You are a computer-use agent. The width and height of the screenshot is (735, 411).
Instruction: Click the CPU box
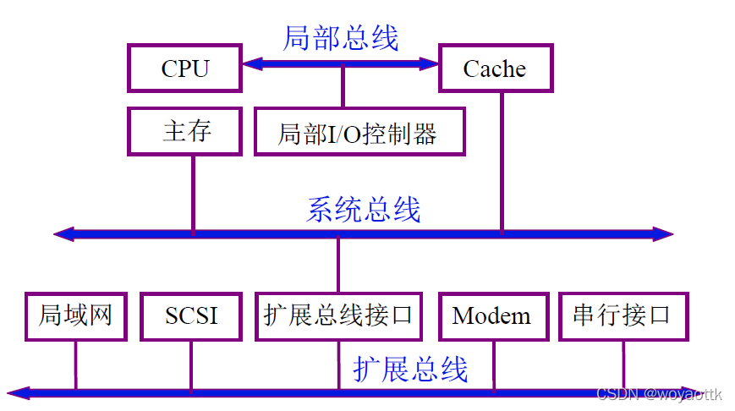[x=184, y=68]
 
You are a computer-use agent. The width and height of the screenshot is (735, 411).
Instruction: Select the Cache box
[x=496, y=68]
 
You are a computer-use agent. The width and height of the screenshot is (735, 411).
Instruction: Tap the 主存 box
[x=185, y=131]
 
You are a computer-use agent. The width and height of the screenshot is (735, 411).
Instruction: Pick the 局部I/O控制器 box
[x=359, y=132]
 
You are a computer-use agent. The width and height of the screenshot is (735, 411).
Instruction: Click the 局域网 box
[x=75, y=316]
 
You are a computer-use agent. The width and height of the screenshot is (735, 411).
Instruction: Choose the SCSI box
[x=191, y=316]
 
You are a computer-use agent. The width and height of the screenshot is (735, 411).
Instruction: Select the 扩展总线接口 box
[x=338, y=316]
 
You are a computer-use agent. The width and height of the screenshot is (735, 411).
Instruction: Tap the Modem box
[x=492, y=316]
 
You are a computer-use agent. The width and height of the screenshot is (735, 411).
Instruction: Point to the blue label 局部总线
[x=340, y=38]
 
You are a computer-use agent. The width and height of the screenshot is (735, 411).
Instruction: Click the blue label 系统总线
[x=363, y=209]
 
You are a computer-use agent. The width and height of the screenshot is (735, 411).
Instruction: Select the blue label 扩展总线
[x=410, y=369]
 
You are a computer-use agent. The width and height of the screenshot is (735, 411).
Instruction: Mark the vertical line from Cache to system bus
[x=502, y=161]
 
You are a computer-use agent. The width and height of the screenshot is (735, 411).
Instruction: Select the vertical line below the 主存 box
[x=193, y=195]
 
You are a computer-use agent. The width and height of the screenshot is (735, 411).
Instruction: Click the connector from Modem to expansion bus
[x=494, y=365]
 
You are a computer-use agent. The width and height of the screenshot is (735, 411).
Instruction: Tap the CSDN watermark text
[x=660, y=394]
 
